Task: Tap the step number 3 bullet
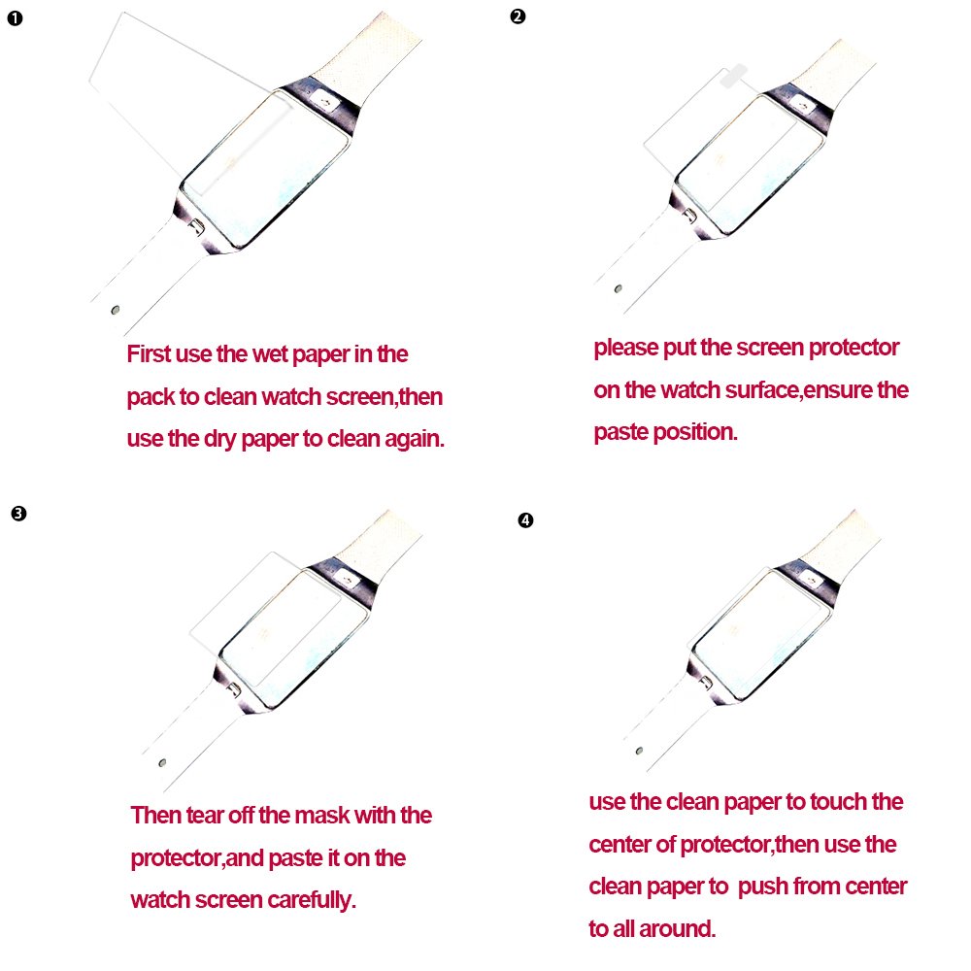(18, 513)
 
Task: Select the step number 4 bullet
(525, 520)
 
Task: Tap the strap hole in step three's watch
(161, 762)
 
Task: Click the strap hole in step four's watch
(638, 752)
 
